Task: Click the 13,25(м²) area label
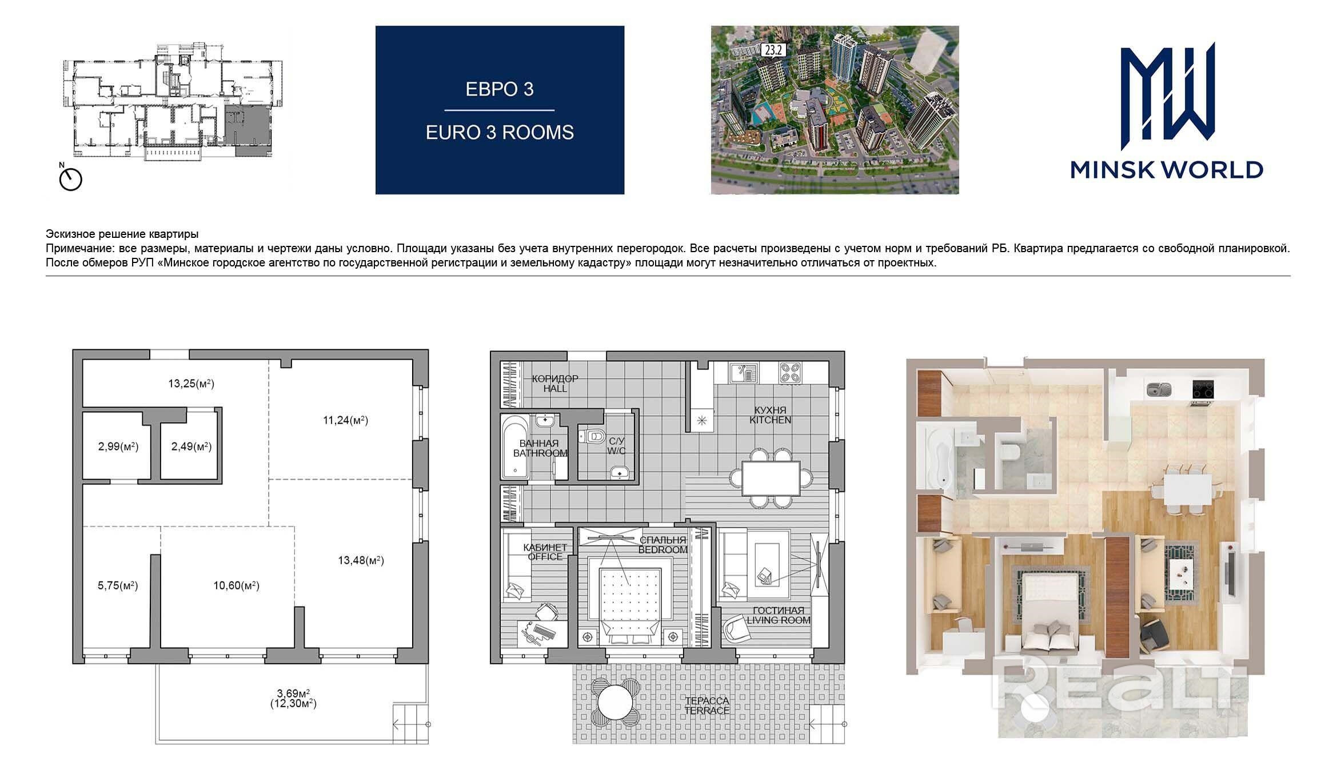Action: point(191,384)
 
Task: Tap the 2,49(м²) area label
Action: point(191,447)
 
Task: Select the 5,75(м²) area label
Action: point(118,585)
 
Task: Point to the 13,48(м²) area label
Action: point(361,560)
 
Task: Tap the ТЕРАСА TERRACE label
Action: point(707,706)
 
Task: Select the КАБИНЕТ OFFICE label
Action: point(545,552)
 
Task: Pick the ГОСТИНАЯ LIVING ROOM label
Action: point(779,615)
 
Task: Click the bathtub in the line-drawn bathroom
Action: point(517,447)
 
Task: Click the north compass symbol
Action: point(70,178)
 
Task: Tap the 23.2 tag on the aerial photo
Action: point(773,50)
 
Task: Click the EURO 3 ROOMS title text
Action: point(500,133)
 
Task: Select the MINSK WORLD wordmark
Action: point(1166,170)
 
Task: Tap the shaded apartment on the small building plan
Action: point(246,130)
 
